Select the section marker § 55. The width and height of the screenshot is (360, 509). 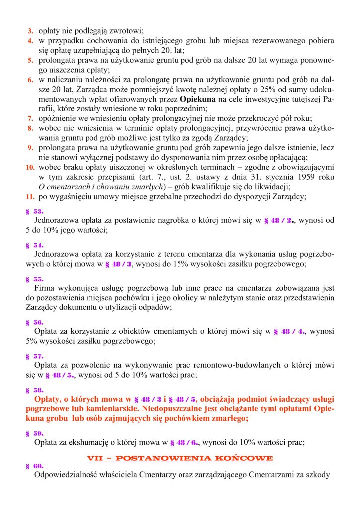tap(34, 279)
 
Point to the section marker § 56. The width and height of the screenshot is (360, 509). tap(34, 322)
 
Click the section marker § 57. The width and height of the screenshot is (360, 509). tap(34, 356)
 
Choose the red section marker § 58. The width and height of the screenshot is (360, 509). tap(34, 390)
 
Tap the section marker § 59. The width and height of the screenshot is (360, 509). tap(34, 433)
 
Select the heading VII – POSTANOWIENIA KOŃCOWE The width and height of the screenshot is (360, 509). tap(180, 457)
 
